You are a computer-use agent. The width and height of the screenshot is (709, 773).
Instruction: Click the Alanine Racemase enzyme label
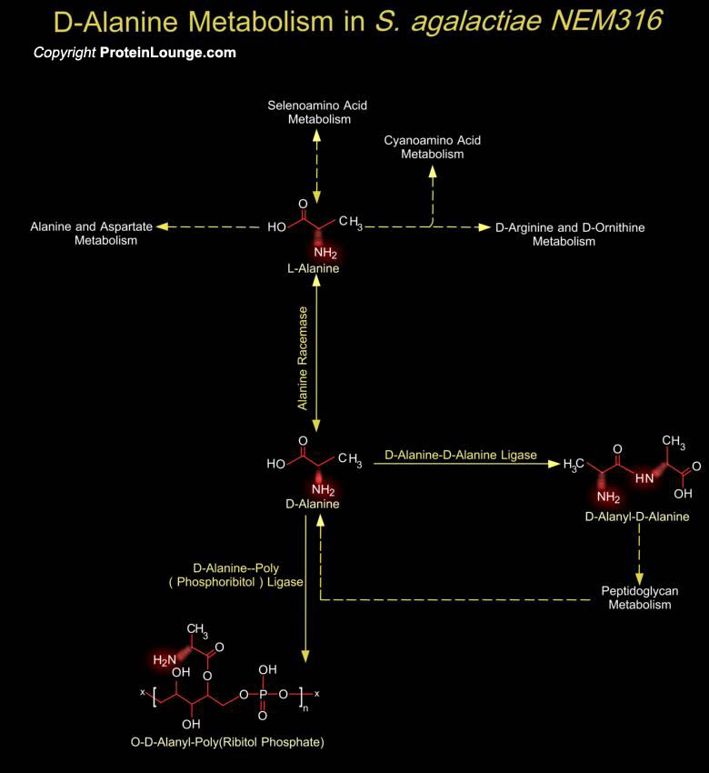[303, 358]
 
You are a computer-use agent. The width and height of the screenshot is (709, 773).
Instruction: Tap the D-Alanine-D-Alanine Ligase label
[461, 455]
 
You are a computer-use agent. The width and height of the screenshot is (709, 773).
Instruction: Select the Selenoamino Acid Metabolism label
[318, 113]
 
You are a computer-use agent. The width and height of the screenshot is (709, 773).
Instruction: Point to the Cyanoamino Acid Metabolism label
[432, 147]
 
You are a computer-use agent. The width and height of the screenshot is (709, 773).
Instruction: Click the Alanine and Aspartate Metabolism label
[92, 234]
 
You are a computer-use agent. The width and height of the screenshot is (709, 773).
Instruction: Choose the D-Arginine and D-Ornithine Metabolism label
[570, 235]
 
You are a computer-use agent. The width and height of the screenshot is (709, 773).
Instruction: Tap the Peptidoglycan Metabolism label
[640, 598]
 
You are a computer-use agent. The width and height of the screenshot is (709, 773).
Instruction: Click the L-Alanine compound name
[314, 268]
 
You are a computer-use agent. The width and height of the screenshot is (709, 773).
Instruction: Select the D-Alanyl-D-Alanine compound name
[637, 517]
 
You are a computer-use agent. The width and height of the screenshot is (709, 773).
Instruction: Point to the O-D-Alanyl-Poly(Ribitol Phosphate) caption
[227, 742]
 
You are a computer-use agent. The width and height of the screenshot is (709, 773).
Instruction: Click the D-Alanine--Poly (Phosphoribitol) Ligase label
[236, 576]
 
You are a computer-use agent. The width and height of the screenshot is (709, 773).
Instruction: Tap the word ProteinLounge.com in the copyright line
[168, 53]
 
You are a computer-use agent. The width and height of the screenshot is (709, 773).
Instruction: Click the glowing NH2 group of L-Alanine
[325, 253]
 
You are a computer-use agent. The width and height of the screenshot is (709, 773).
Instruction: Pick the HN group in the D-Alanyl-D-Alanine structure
[644, 478]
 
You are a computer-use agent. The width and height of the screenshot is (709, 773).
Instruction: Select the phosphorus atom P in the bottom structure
[263, 695]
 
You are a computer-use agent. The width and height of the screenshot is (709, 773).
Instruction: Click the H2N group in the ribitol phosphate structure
[165, 660]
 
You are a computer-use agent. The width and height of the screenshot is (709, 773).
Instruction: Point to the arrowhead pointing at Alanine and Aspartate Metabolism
[162, 226]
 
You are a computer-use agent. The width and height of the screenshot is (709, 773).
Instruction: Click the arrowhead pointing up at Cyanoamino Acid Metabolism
[433, 171]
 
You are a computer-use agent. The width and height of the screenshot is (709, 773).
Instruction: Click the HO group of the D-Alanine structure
[276, 464]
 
